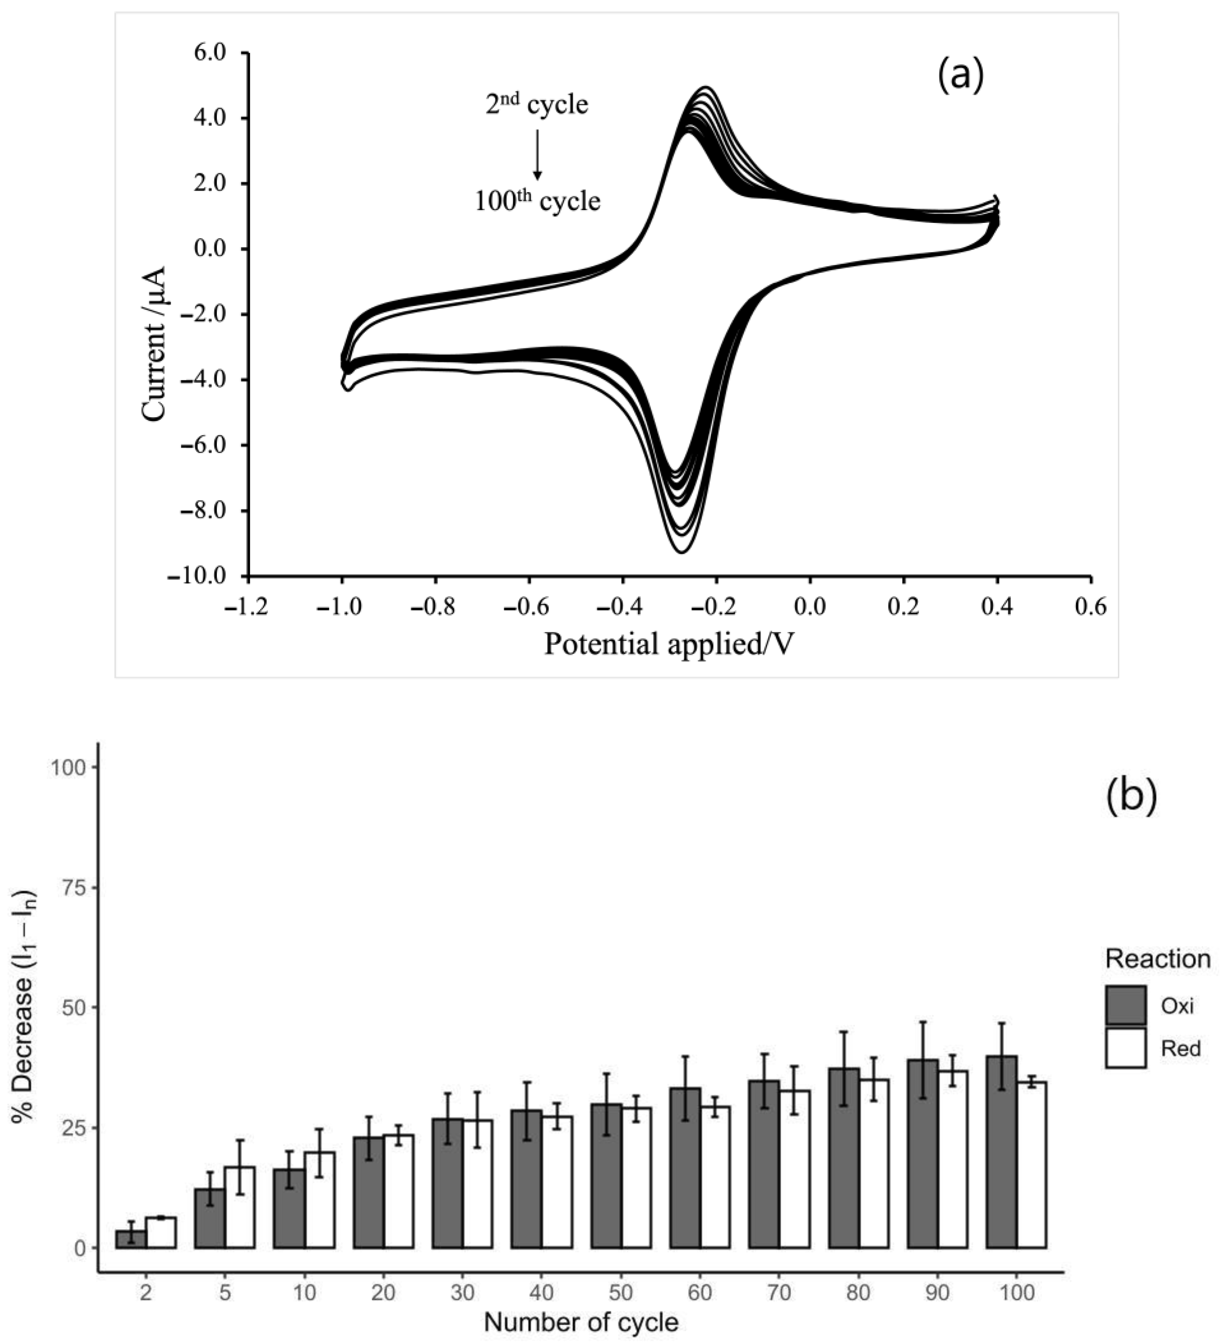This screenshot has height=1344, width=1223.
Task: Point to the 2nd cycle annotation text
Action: (537, 105)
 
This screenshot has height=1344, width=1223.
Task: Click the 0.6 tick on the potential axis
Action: (1090, 606)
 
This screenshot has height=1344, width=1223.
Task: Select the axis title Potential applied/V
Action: (670, 644)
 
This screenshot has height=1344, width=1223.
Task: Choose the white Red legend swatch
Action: (1126, 1048)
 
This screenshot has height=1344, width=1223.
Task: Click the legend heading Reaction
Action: (1158, 959)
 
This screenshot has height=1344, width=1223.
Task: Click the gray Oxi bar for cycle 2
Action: (131, 1239)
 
